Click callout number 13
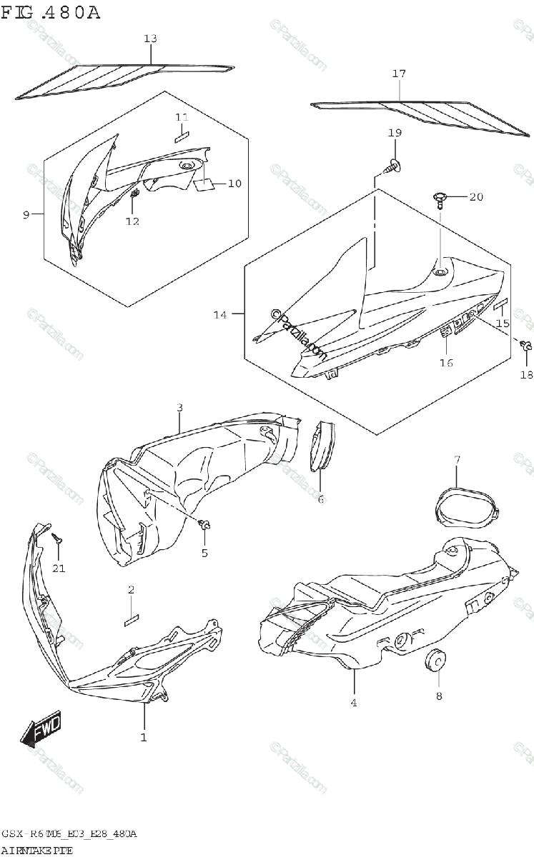149,39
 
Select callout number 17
399,74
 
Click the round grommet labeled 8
434,661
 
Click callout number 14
219,314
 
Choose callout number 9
26,214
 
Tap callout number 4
353,703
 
